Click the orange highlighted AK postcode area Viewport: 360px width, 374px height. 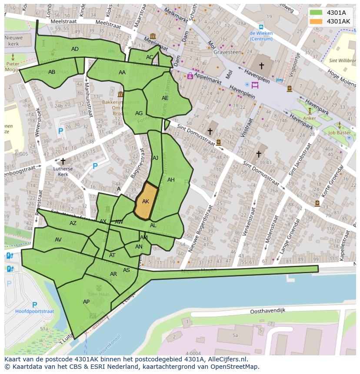tap(146, 201)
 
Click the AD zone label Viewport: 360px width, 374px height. tap(75, 49)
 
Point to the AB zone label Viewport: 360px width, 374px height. tap(52, 72)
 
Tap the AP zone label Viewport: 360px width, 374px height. tap(86, 302)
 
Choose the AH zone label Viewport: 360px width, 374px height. tap(171, 180)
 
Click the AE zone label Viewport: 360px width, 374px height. tap(165, 98)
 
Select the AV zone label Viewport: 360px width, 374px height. tap(58, 240)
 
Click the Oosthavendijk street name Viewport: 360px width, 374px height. tap(267, 311)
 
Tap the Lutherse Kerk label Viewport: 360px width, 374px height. tap(63, 171)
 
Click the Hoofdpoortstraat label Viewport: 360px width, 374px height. tap(34, 311)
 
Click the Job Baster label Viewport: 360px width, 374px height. tap(340, 133)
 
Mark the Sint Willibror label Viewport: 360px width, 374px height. tap(342, 61)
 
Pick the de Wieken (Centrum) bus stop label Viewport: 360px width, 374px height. tap(261, 36)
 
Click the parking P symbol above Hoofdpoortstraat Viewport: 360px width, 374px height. tap(34, 304)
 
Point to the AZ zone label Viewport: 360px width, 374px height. tap(73, 223)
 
